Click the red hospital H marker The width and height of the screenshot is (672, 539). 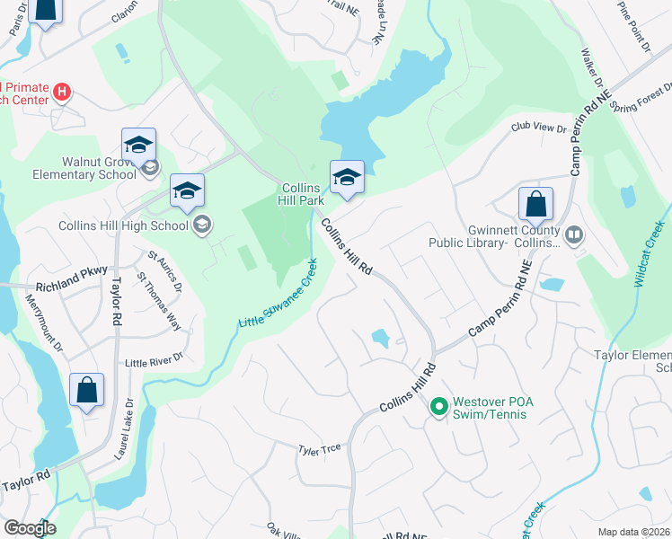[x=61, y=91]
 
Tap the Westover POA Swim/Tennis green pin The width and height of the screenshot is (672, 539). [x=439, y=407]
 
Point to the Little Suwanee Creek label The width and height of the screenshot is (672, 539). [x=278, y=294]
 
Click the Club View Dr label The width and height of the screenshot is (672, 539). [x=539, y=128]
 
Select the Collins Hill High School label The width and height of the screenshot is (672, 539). [x=124, y=225]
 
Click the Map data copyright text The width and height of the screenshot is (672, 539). [x=634, y=532]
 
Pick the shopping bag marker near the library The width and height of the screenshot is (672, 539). [x=535, y=205]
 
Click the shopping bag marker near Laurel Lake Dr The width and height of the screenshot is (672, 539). [x=86, y=391]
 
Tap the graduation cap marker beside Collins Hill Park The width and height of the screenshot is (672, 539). [x=346, y=178]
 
